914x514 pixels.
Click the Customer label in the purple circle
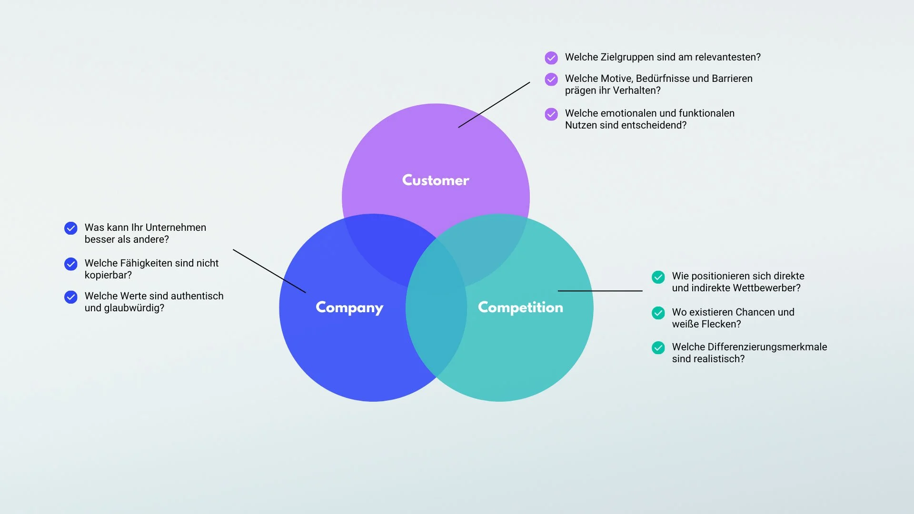[436, 180]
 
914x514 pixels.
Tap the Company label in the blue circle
[349, 308]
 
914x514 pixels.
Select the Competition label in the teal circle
[520, 307]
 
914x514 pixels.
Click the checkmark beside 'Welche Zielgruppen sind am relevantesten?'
[551, 58]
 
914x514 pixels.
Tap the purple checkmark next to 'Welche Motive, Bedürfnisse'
[551, 79]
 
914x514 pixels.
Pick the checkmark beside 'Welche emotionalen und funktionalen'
[551, 114]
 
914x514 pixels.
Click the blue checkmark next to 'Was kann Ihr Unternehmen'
[71, 228]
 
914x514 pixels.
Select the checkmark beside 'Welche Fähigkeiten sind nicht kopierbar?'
[71, 264]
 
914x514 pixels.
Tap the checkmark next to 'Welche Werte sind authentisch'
[71, 297]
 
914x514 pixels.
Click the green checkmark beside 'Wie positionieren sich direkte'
[658, 277]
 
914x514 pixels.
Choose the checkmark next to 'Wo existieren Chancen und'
[658, 313]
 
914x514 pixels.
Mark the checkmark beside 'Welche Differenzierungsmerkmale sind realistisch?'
[658, 348]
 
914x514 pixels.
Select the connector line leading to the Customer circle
[494, 105]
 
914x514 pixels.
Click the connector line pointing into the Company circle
[269, 271]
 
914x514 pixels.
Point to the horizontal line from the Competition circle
[600, 291]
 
